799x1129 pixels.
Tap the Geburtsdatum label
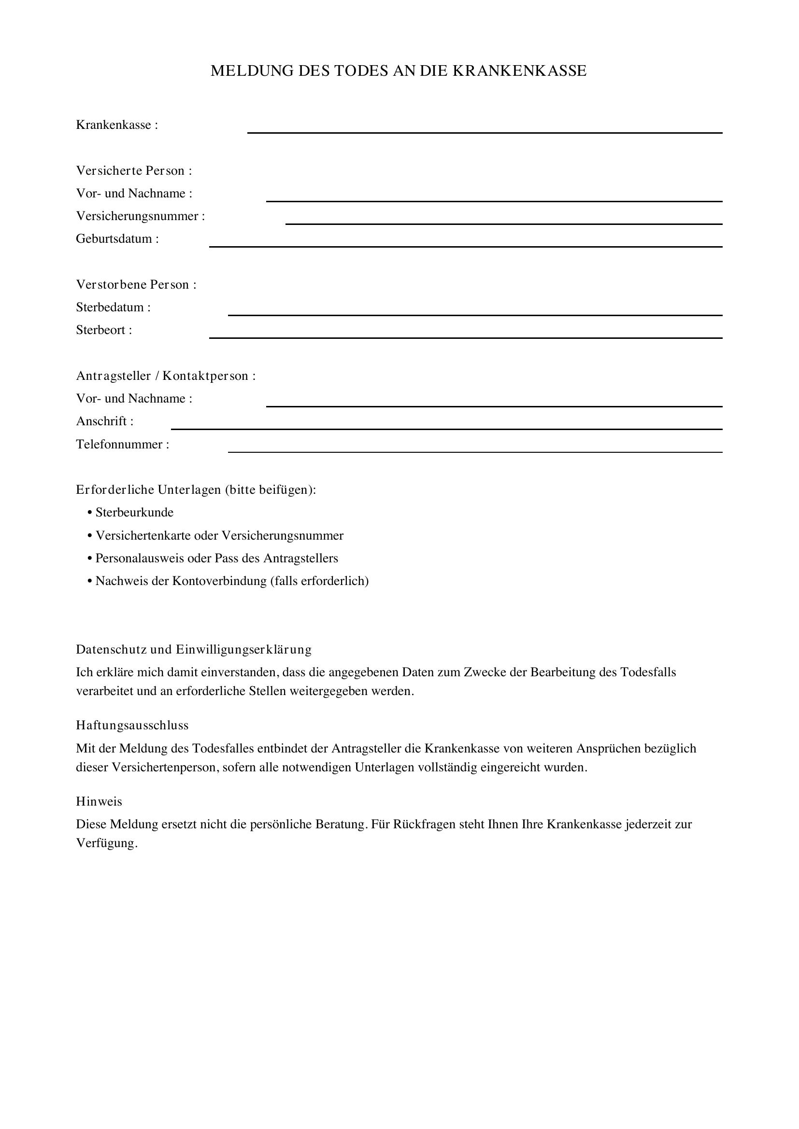[x=117, y=239]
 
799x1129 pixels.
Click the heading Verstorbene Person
[x=136, y=285]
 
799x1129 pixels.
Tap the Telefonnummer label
[x=122, y=445]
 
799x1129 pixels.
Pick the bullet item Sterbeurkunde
[x=134, y=513]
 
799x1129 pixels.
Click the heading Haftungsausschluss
[x=132, y=725]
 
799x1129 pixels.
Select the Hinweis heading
[x=99, y=802]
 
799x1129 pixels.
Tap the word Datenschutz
[x=111, y=650]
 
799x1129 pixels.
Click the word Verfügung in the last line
[x=106, y=843]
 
